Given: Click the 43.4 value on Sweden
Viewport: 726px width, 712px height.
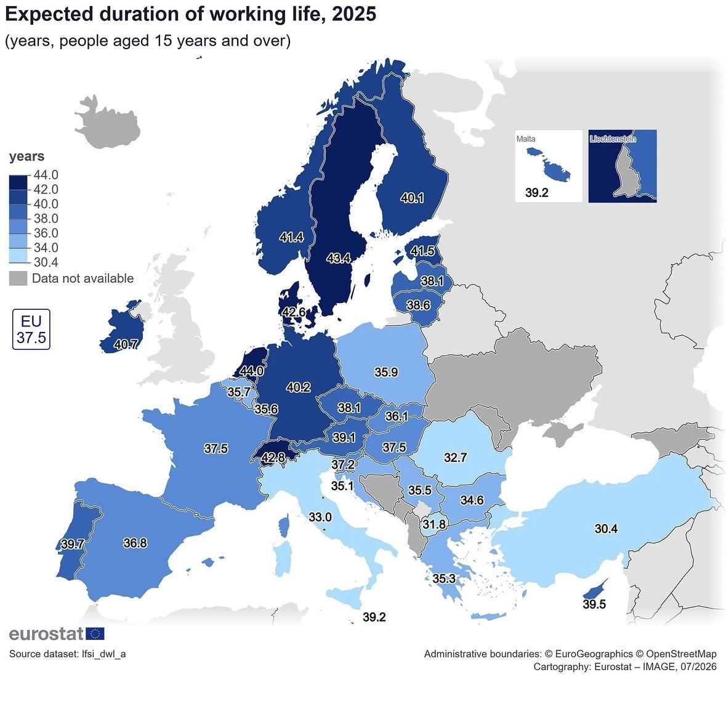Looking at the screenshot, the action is click(339, 258).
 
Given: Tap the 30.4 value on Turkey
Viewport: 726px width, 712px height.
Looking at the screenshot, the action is click(606, 528).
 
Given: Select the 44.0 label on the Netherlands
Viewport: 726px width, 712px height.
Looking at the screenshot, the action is click(252, 371).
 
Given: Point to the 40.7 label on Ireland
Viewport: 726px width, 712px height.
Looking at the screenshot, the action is click(126, 344).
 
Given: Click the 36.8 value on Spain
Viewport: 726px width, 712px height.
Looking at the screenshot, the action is click(135, 543).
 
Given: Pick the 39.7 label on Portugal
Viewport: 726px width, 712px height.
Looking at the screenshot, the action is click(73, 544).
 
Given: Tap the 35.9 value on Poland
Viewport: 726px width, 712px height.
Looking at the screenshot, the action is click(386, 372).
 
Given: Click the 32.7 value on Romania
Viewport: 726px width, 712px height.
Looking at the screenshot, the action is click(456, 458).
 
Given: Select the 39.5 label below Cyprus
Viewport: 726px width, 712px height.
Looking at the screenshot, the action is click(594, 604).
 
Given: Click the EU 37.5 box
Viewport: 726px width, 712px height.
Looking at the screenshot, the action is click(31, 329).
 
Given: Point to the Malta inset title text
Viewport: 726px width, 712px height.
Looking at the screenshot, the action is click(526, 139).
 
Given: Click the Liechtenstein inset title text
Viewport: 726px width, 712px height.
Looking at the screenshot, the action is click(613, 139).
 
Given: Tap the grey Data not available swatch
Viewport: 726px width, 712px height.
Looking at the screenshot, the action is click(18, 278).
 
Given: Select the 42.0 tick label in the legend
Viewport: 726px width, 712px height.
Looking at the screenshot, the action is click(46, 189).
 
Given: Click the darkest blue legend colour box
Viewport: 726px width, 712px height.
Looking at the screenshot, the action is click(18, 182).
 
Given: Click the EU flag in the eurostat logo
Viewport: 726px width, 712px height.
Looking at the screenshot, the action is click(95, 634).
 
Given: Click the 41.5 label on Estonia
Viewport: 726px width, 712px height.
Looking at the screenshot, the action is click(422, 251).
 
